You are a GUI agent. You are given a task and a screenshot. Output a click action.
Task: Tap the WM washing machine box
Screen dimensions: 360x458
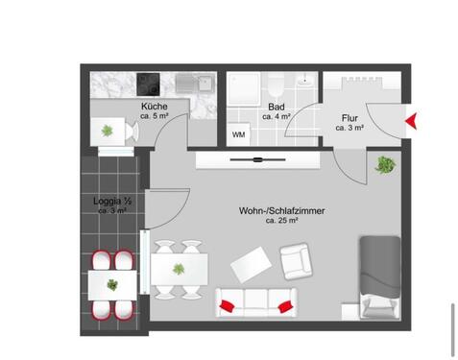pyautogui.click(x=237, y=134)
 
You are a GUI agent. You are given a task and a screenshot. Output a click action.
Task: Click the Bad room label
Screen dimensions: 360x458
pyautogui.click(x=277, y=108)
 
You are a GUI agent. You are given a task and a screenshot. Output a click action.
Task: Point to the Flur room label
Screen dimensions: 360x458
pyautogui.click(x=348, y=118)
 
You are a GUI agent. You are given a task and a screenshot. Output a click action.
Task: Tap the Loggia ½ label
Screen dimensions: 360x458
pyautogui.click(x=111, y=203)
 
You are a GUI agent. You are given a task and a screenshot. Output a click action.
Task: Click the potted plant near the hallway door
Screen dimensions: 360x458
pyautogui.click(x=384, y=164)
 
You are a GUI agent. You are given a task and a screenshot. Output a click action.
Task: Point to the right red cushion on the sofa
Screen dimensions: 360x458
pyautogui.click(x=285, y=304)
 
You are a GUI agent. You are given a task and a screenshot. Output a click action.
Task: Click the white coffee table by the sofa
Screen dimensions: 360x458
pyautogui.click(x=250, y=263)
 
